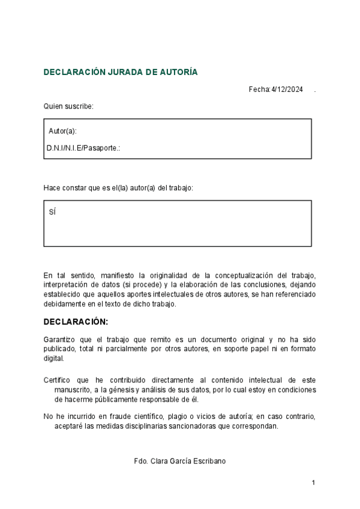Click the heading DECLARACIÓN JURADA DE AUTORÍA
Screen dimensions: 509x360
[x=120, y=72]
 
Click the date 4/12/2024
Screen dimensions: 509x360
[x=287, y=89]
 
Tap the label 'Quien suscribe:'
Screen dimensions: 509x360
[x=68, y=106]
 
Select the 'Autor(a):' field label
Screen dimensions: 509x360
[x=62, y=131]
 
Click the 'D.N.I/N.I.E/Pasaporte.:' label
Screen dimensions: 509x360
[x=83, y=148]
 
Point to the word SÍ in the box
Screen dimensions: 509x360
[x=52, y=212]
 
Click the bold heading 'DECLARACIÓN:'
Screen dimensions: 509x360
[x=76, y=322]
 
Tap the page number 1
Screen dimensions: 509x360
[x=313, y=483]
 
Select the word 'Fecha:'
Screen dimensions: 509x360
[x=259, y=89]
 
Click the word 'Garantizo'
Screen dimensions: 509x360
[x=59, y=339]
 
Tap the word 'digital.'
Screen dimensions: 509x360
[x=53, y=358]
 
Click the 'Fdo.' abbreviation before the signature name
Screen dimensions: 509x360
[x=142, y=461]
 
